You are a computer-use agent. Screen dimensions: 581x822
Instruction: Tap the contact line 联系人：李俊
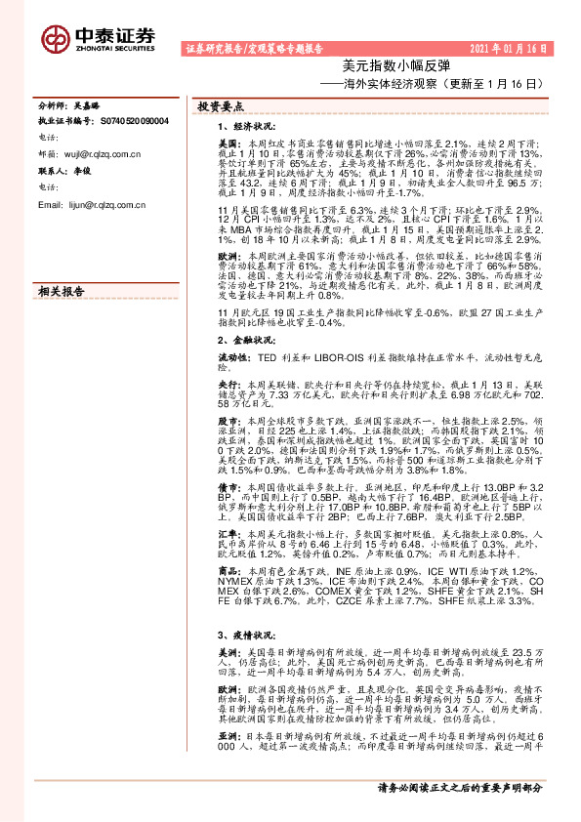(66, 171)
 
